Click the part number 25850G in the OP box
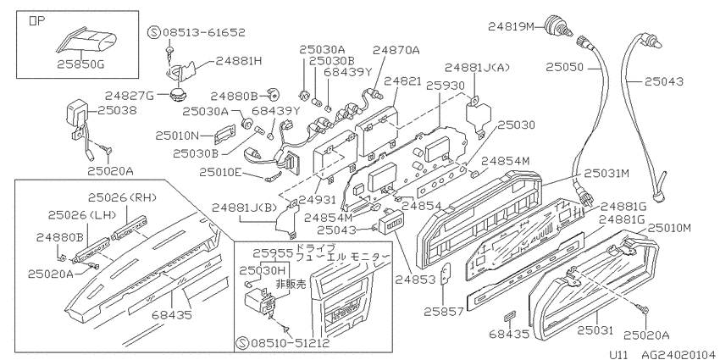coord(80,64)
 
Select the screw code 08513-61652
coord(204,32)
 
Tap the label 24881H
coord(239,61)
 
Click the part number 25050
coord(564,68)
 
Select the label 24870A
coord(396,50)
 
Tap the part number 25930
coord(446,86)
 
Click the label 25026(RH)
coord(123,197)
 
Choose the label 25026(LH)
coord(82,214)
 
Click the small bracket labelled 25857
coord(446,275)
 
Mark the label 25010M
coord(669,228)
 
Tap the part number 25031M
coord(606,173)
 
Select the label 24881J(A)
coord(477,68)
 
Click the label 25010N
coord(177,136)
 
